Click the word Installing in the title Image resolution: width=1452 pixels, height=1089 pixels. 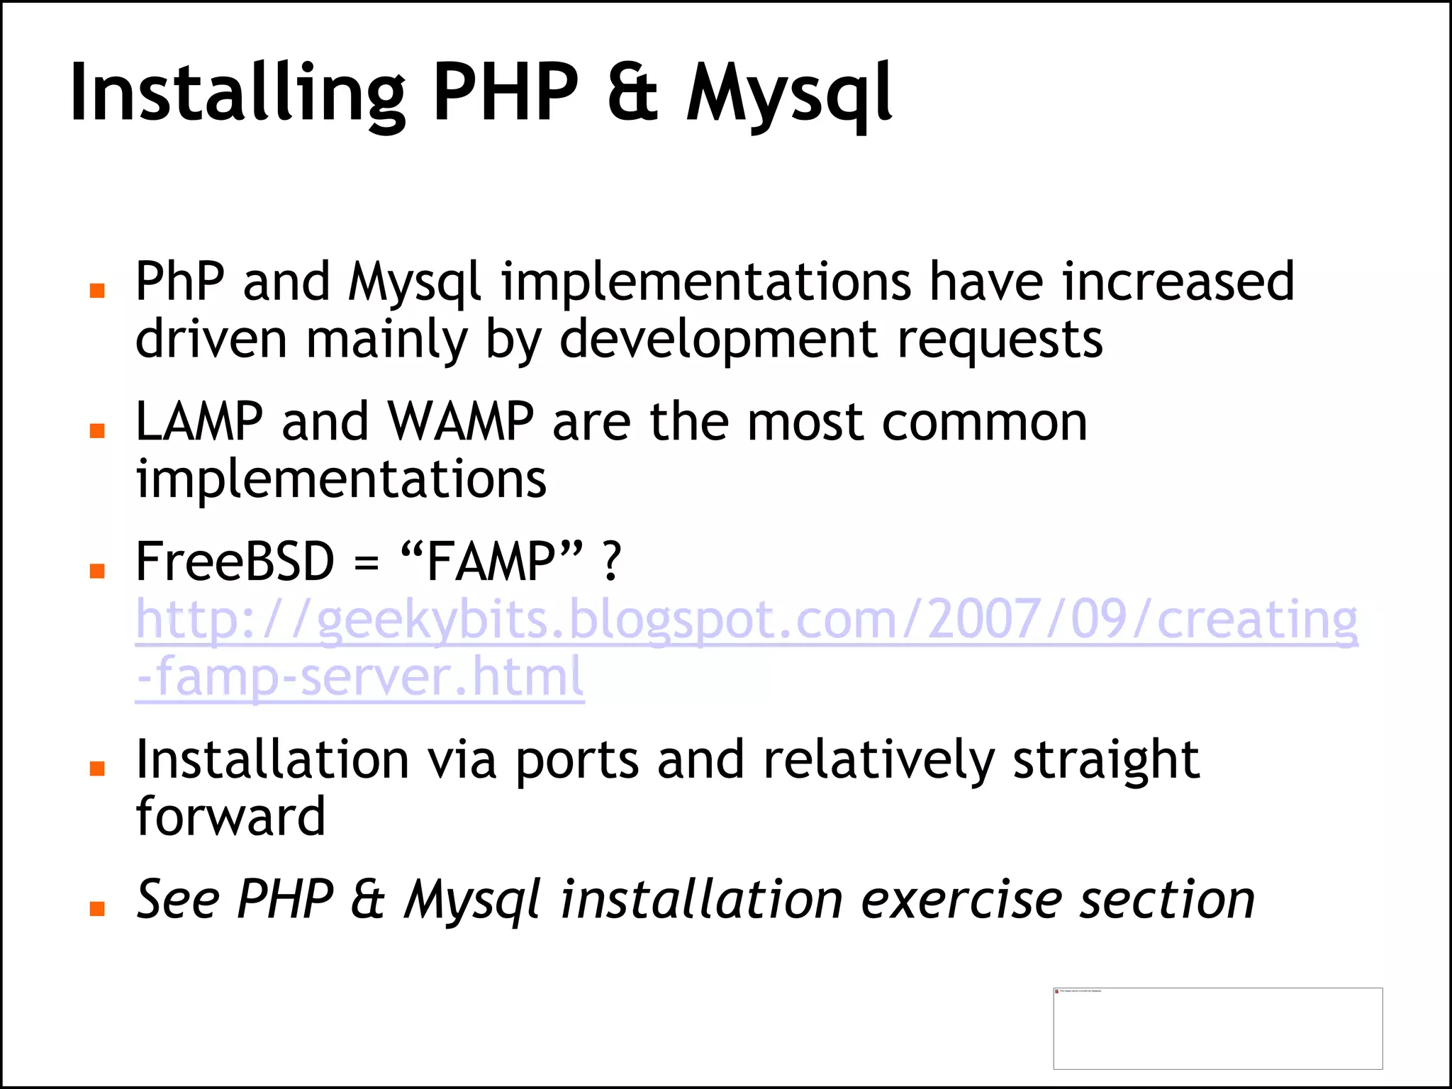238,94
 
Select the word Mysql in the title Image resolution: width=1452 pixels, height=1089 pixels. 789,94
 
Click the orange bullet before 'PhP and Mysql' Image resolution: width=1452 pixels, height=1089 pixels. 98,290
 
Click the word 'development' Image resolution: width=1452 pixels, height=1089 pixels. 719,340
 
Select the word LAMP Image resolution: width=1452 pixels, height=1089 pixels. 199,422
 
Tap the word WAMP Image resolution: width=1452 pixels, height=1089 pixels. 461,422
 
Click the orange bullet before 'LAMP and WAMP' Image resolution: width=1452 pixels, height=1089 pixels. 98,430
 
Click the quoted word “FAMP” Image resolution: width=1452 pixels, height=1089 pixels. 492,560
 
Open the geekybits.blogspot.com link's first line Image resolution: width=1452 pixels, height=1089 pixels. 746,620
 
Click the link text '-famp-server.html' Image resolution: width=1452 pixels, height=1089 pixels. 359,676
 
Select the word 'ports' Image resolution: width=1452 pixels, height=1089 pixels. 577,760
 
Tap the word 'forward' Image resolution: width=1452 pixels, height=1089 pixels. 230,817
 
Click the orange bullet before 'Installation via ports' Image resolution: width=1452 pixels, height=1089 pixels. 98,769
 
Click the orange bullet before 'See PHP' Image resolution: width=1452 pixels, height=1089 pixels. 98,908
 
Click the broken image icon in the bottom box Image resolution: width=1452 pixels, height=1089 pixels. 1057,991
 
